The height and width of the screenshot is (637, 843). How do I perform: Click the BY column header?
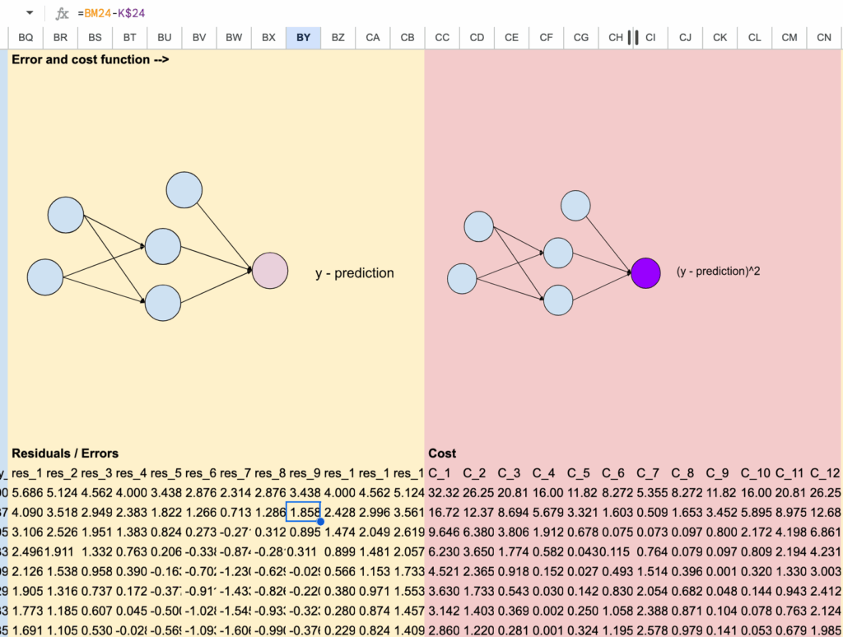tap(303, 37)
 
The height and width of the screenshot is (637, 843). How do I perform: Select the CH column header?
tap(615, 37)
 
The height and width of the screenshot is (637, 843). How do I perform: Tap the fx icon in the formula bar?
tap(63, 13)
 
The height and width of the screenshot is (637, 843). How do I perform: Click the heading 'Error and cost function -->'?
tap(91, 59)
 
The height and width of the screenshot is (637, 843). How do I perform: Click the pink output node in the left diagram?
tap(269, 271)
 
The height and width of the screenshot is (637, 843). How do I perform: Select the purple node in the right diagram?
tap(645, 272)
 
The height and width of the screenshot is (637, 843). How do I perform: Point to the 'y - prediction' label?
tap(355, 273)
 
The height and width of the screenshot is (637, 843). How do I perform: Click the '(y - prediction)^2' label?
tap(718, 271)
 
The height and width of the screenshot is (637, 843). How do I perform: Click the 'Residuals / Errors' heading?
tap(65, 453)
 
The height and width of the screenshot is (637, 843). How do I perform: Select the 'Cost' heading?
tap(442, 453)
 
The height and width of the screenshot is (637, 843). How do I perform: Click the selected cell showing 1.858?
tap(303, 511)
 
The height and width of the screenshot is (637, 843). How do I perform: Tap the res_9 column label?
tap(303, 472)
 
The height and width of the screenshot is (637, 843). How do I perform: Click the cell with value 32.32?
tap(442, 492)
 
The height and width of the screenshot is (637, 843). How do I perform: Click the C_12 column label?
tap(824, 472)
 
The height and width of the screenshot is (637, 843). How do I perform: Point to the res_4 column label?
tap(130, 472)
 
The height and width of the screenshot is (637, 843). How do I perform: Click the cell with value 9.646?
tap(442, 531)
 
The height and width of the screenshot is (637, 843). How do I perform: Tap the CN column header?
tap(824, 37)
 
